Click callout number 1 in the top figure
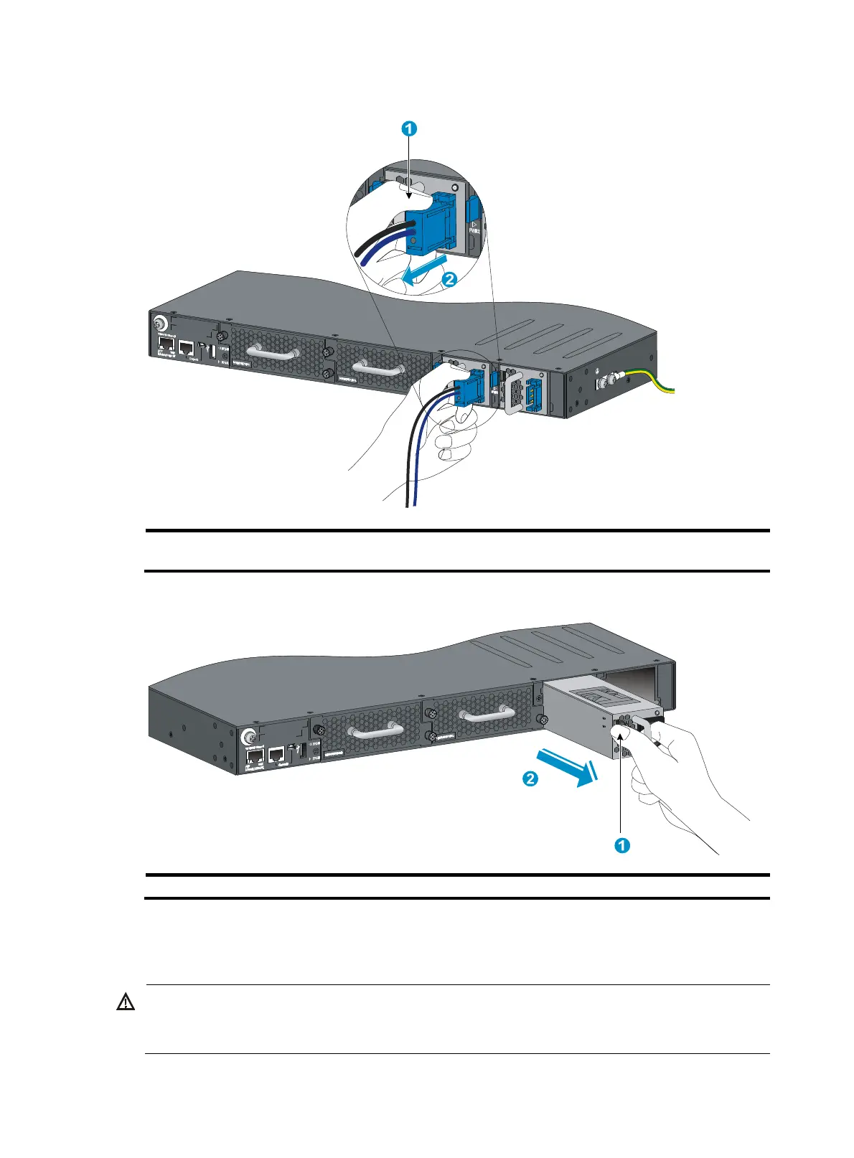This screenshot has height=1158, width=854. pos(408,129)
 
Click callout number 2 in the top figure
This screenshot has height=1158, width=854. pos(449,280)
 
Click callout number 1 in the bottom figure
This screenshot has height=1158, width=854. pos(622,845)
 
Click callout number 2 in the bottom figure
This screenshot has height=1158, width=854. pos(530,778)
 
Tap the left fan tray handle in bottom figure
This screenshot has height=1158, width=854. pos(374,731)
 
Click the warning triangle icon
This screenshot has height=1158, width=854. pos(126,1002)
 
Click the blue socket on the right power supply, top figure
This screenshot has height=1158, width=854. pos(534,395)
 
